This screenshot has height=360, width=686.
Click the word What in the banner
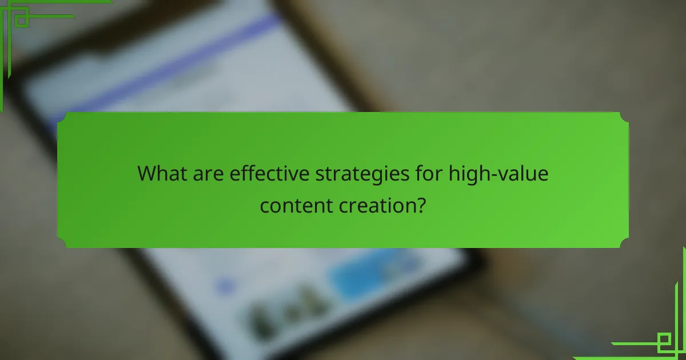pos(162,173)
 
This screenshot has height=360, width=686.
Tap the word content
pos(293,204)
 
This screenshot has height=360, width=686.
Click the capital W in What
pos(147,173)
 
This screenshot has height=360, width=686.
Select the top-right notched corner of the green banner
pos(624,117)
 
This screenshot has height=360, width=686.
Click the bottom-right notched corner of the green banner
pos(624,243)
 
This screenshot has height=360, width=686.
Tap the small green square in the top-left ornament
pos(22,20)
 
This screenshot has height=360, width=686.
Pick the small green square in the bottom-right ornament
pos(664,341)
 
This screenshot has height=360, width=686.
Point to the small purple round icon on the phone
pos(226,284)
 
